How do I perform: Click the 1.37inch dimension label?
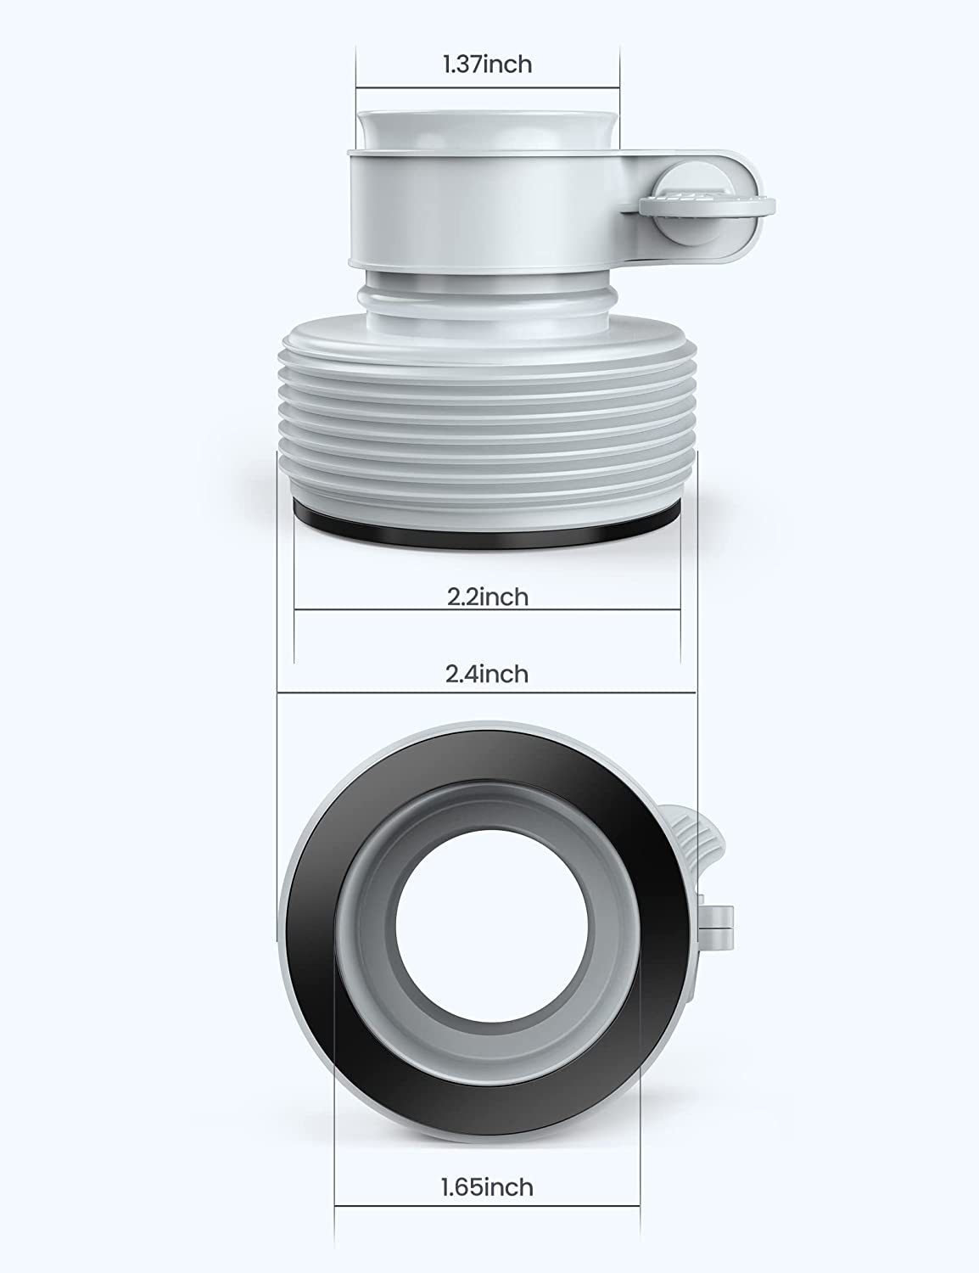coord(488,64)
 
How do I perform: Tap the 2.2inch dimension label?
coord(488,597)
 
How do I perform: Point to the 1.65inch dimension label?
coord(487,1186)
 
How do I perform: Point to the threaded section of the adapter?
coord(488,424)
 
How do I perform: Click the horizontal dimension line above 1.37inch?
coord(488,87)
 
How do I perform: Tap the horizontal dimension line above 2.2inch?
coord(488,608)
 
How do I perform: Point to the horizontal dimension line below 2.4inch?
coord(487,692)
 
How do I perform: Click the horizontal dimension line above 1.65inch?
coord(487,1205)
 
